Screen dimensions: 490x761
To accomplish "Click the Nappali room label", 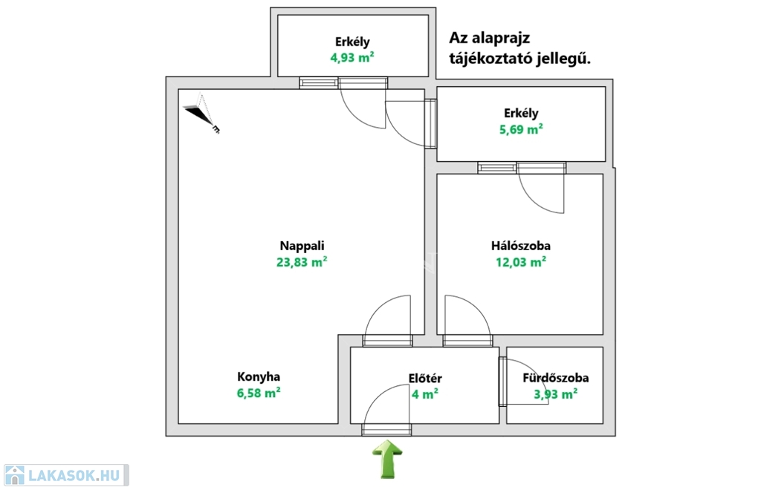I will [x=302, y=246].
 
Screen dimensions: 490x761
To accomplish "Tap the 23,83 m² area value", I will [x=302, y=261].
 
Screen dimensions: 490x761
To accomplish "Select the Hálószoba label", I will [x=520, y=246].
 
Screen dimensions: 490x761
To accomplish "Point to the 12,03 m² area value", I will [x=520, y=261].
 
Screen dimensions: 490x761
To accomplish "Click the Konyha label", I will [x=259, y=376].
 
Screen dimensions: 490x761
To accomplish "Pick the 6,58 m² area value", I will [x=259, y=393].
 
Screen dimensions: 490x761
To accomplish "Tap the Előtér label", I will [x=425, y=378].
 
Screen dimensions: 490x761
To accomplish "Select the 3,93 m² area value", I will [x=556, y=394].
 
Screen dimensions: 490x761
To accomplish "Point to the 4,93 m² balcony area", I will [x=352, y=58].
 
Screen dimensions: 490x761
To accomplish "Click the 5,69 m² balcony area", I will [x=520, y=129].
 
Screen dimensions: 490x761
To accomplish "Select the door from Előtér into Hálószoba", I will [x=467, y=316].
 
